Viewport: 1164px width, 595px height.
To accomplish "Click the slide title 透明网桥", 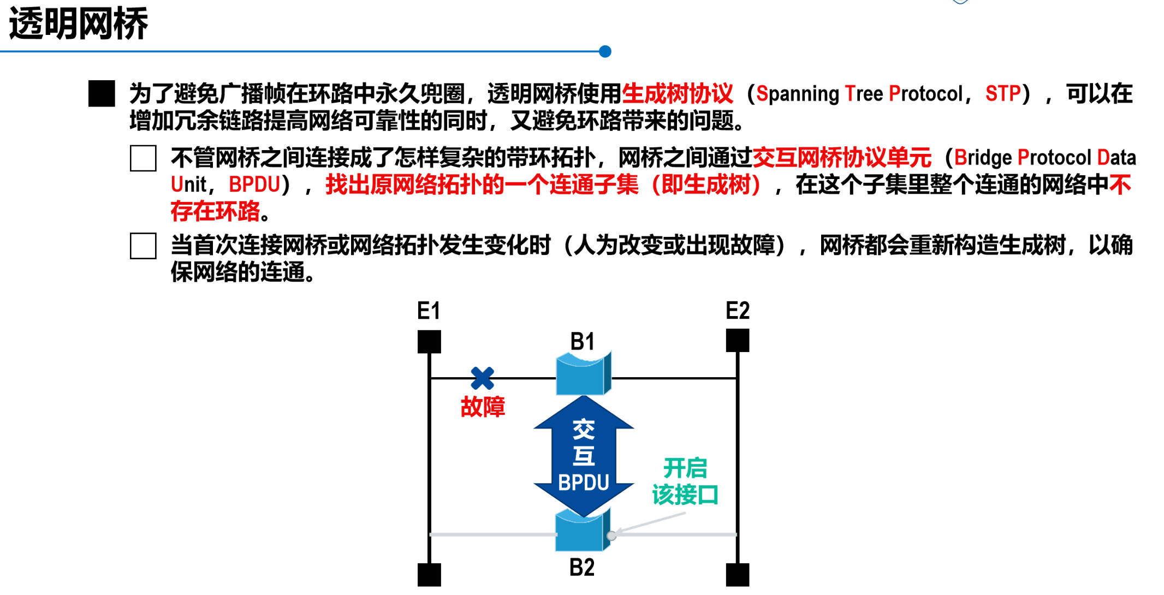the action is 79,24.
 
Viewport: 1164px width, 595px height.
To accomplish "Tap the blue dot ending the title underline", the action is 604,52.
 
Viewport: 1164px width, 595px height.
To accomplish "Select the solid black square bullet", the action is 102,93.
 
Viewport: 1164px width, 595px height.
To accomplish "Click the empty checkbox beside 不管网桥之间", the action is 143,158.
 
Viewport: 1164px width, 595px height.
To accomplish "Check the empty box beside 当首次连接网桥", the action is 143,246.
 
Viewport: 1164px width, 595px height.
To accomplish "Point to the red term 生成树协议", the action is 677,94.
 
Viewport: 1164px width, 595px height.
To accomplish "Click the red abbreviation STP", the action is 1002,94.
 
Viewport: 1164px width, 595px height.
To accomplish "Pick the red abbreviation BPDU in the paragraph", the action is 254,185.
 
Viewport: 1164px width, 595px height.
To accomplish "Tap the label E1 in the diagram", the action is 429,311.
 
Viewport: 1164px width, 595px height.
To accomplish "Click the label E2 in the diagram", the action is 738,311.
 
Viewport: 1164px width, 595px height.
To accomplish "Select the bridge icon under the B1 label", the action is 583,374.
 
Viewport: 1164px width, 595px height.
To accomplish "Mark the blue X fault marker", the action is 482,378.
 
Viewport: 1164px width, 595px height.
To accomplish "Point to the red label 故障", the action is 483,407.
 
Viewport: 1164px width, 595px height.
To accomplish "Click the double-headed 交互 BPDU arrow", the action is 584,456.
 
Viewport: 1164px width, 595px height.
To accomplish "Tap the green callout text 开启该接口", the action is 685,481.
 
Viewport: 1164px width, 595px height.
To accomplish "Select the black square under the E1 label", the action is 429,342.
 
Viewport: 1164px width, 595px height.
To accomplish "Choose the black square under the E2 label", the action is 738,341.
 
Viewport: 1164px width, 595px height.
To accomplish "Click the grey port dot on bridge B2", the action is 611,535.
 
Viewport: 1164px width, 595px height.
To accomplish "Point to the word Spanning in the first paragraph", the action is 798,94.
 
